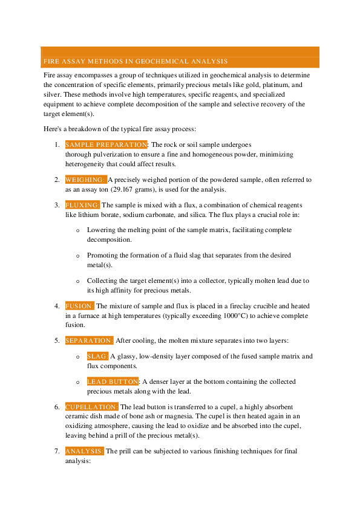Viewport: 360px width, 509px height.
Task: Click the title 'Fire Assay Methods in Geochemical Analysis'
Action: pyautogui.click(x=135, y=62)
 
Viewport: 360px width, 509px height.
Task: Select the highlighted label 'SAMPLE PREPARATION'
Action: pyautogui.click(x=106, y=145)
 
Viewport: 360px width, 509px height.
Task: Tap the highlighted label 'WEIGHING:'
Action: pyautogui.click(x=85, y=180)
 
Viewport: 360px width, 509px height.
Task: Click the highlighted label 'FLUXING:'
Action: pyautogui.click(x=82, y=206)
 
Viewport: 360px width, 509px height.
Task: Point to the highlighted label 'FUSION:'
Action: pyautogui.click(x=80, y=306)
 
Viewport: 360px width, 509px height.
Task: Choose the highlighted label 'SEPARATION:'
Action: pyautogui.click(x=89, y=341)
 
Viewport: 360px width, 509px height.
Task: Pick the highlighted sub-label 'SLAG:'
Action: pyautogui.click(x=98, y=357)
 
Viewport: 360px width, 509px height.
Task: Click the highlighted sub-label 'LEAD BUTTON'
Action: pyautogui.click(x=113, y=382)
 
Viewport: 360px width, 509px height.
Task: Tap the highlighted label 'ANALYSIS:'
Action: pyautogui.click(x=85, y=452)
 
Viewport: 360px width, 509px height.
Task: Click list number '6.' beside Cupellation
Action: pyautogui.click(x=57, y=407)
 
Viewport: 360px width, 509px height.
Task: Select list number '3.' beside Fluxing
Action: pyautogui.click(x=57, y=206)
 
